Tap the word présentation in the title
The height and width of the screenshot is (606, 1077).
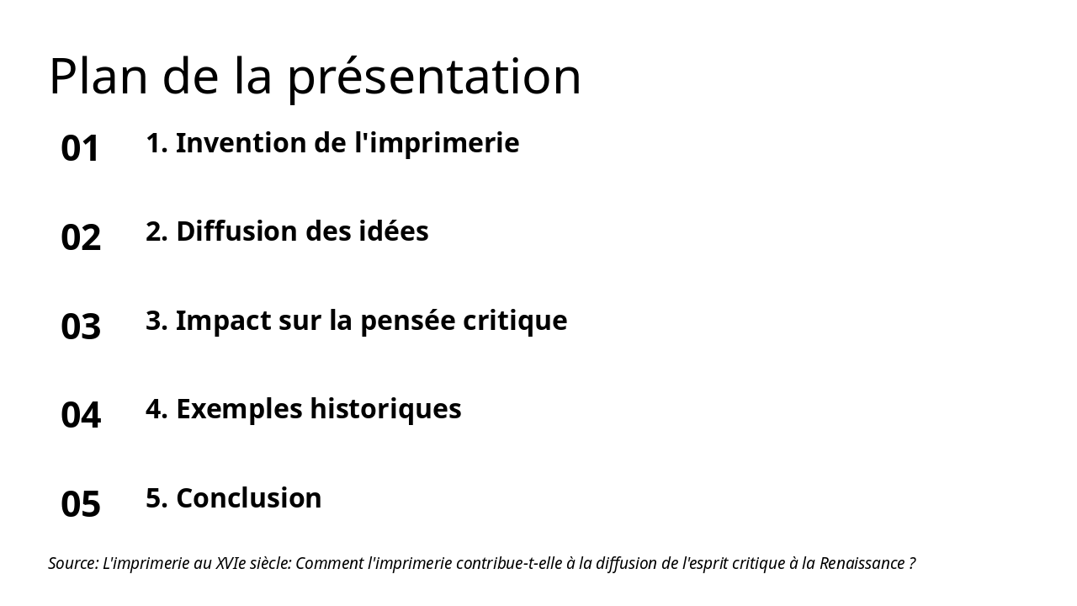(434, 77)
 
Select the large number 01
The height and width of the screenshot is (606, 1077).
(81, 148)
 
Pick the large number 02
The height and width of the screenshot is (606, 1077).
(81, 237)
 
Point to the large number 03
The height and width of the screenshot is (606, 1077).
(81, 327)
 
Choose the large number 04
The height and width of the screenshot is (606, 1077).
(81, 415)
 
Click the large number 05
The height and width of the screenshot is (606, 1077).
(81, 504)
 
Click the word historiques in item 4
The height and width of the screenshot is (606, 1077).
(385, 409)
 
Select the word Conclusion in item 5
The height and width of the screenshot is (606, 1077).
(249, 498)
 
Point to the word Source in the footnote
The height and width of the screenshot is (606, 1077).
(72, 563)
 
